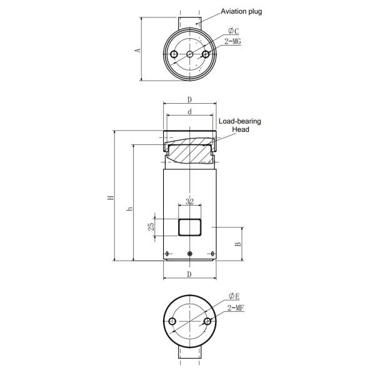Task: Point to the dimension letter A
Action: (x=138, y=49)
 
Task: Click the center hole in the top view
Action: (x=190, y=55)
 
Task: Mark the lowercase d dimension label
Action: (x=189, y=112)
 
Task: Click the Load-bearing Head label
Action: (x=240, y=125)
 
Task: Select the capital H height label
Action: (x=109, y=197)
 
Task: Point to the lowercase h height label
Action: (x=129, y=209)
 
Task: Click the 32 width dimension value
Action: (x=189, y=202)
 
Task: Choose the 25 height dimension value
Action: (x=151, y=227)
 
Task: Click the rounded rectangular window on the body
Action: (x=190, y=227)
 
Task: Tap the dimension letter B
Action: (x=238, y=244)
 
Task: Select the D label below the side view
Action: (x=189, y=274)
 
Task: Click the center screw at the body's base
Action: (x=190, y=254)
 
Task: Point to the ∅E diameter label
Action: (x=234, y=296)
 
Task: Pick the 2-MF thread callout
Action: (x=236, y=308)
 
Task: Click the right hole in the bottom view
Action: (x=207, y=322)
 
